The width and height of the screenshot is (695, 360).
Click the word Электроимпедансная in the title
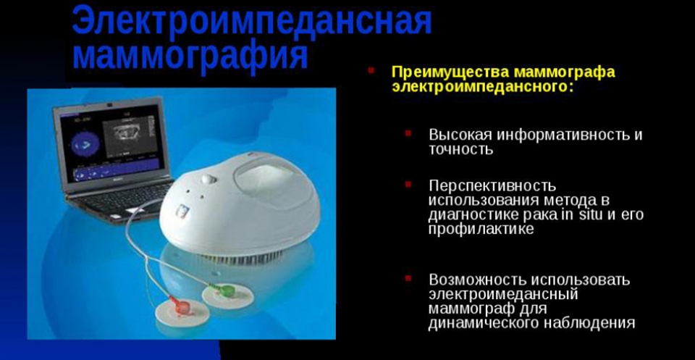coord(252,20)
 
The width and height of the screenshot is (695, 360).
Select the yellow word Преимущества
coord(447,72)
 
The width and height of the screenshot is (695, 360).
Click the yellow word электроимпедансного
coord(482,86)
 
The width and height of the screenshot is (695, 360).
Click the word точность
coord(461,149)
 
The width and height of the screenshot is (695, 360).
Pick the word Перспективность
coord(492,185)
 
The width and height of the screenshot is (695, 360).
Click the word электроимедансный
coord(504,294)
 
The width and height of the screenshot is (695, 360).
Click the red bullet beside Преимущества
coord(371,70)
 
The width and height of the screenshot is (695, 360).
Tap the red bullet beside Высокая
coord(408,133)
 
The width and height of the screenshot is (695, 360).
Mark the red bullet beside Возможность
coord(408,278)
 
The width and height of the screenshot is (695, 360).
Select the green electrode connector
coord(225,290)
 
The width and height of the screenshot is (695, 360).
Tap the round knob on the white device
coord(208,179)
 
